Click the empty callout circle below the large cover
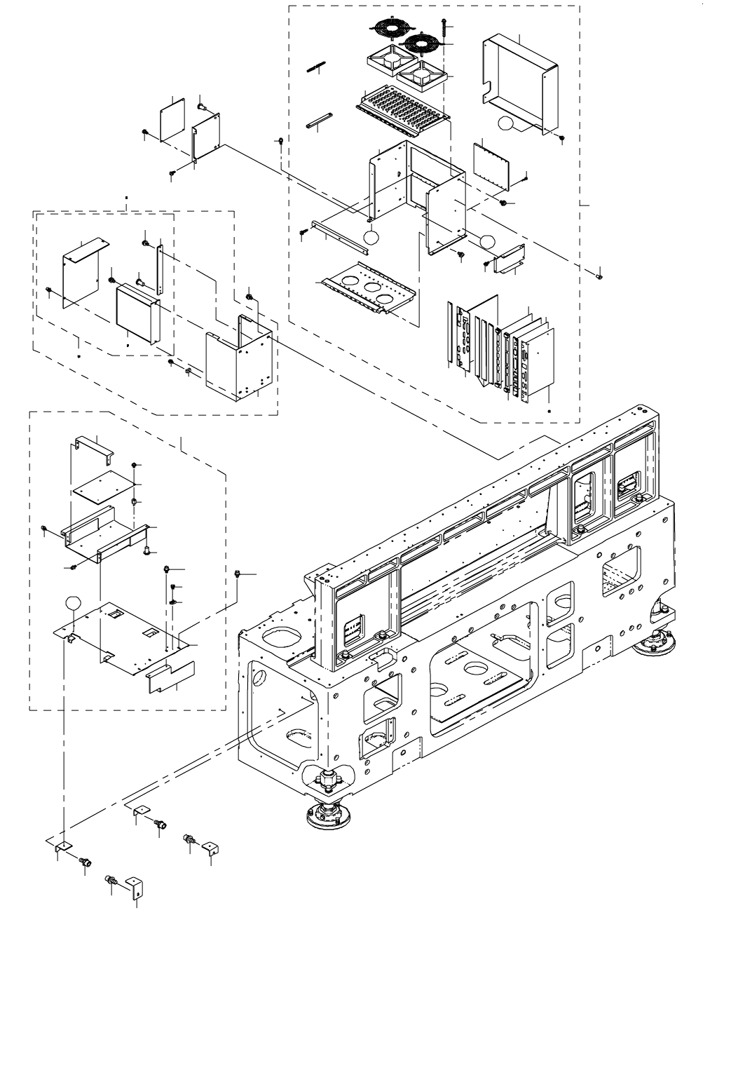(x=507, y=125)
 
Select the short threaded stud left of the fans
(x=317, y=67)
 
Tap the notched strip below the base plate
(x=171, y=675)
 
